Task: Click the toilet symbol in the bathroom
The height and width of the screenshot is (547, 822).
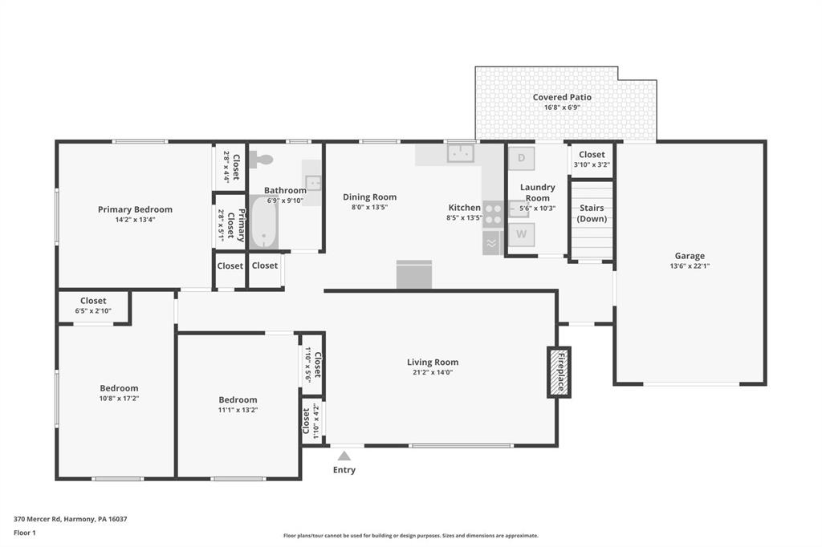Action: pos(261,160)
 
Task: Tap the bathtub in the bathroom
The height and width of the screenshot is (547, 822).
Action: pos(263,222)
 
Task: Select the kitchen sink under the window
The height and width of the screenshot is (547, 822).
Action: pos(461,153)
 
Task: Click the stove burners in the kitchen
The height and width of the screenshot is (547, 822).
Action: pos(494,214)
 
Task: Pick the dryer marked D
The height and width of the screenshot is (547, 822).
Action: pos(522,158)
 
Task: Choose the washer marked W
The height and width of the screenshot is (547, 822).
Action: pos(522,234)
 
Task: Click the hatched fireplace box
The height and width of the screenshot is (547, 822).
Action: pos(559,372)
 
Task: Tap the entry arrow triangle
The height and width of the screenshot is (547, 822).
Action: pos(344,456)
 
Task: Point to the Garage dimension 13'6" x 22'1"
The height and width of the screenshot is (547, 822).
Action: pos(690,266)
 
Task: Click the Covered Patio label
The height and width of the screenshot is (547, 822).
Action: pos(562,97)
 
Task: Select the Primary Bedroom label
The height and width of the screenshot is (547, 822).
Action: pos(135,209)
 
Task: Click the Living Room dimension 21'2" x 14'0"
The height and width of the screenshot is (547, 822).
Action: pos(433,372)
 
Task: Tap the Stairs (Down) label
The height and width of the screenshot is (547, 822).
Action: pos(592,213)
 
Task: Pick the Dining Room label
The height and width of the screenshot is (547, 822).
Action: pos(369,197)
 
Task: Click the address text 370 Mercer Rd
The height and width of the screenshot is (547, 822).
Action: pos(39,519)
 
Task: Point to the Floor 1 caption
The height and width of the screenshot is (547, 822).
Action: pos(25,533)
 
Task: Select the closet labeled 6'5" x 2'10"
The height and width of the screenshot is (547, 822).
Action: pos(93,306)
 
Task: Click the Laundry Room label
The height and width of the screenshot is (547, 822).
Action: pos(537,192)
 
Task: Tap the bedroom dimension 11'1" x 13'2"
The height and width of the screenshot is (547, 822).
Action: pos(238,411)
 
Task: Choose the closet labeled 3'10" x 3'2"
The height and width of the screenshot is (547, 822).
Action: pos(592,160)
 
